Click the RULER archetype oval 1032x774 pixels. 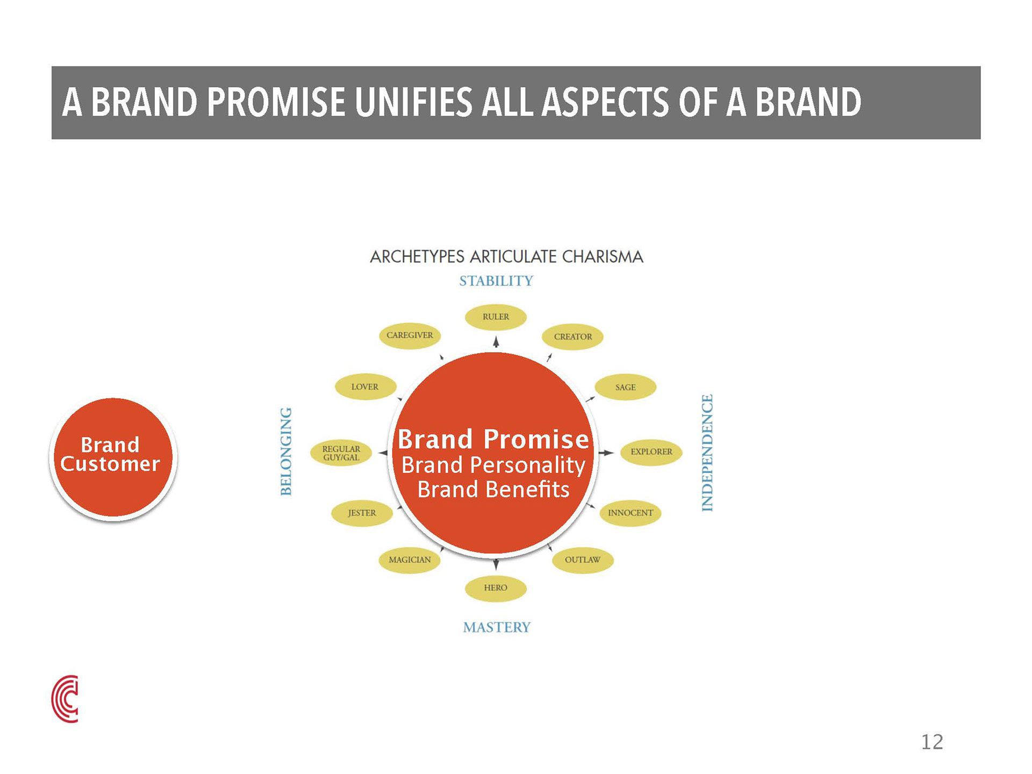click(496, 317)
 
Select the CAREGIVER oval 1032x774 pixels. click(410, 335)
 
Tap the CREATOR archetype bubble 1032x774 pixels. click(573, 337)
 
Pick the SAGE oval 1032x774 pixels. click(626, 387)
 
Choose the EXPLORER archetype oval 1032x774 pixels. click(651, 452)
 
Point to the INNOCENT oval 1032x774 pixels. click(630, 513)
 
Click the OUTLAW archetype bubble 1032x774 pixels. click(583, 560)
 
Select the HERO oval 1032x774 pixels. click(496, 588)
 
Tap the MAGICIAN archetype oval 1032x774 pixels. click(410, 560)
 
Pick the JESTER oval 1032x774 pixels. click(362, 513)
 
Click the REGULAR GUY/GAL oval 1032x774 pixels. click(341, 453)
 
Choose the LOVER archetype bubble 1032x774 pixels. click(365, 387)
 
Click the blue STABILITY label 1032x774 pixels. click(496, 281)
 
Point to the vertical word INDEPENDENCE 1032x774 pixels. click(707, 453)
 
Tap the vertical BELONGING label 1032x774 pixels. click(286, 451)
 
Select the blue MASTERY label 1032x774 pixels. click(497, 627)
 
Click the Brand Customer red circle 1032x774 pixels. click(113, 457)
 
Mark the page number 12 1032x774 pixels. click(932, 742)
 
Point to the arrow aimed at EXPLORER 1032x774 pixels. click(606, 453)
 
